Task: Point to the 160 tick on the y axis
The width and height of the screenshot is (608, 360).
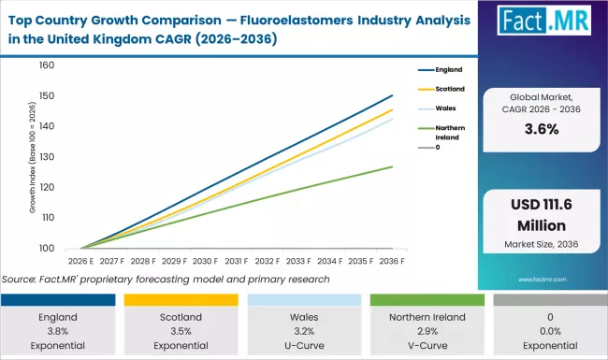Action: coord(48,66)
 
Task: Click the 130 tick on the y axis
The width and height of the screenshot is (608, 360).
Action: coord(48,157)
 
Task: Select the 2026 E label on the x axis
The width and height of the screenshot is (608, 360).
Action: coord(81,261)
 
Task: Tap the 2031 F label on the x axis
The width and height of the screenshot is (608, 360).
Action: coord(237,261)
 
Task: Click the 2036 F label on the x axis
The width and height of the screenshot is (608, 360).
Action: coord(392,261)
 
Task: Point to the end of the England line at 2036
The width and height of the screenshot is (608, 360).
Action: coord(392,95)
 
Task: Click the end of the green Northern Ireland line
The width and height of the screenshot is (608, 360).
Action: coord(392,166)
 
